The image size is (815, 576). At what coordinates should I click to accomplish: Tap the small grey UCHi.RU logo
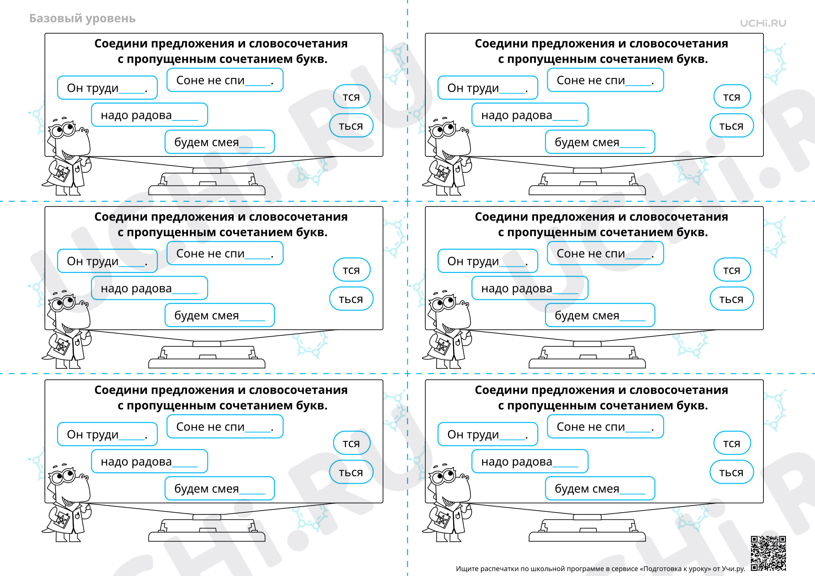[x=763, y=23]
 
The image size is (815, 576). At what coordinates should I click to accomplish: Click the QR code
[x=769, y=553]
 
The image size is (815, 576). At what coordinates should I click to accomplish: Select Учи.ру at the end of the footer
[x=733, y=569]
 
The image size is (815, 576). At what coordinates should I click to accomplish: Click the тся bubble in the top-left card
[x=351, y=97]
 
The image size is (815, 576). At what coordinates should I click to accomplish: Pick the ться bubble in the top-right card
[x=732, y=126]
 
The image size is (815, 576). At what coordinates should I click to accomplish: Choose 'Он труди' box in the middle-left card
[x=107, y=261]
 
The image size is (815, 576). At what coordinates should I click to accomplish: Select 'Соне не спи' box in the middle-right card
[x=606, y=253]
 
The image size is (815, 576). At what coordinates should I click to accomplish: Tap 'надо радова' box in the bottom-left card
[x=150, y=461]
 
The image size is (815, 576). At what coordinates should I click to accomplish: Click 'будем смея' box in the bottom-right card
[x=600, y=489]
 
